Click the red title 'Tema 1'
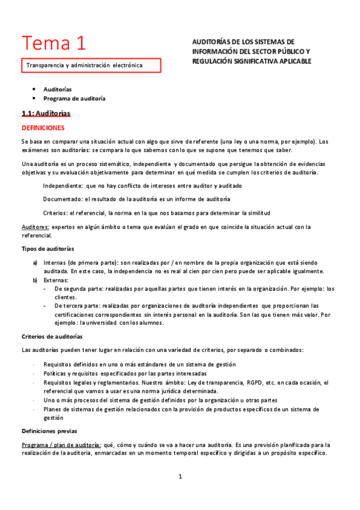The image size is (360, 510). tap(53, 43)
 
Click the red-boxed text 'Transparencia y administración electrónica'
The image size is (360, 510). tap(84, 65)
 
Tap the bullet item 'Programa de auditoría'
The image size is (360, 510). tap(75, 98)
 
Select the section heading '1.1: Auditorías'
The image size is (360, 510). tap(46, 113)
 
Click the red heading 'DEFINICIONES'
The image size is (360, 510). tap(43, 128)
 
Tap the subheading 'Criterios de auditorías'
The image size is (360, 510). tap(52, 336)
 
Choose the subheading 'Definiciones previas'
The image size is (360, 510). tap(49, 431)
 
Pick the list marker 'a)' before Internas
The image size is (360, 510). tap(35, 263)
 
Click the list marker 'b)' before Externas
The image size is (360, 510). tap(35, 280)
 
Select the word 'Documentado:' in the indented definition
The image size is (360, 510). tap(63, 199)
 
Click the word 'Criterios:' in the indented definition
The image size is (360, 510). tap(55, 213)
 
